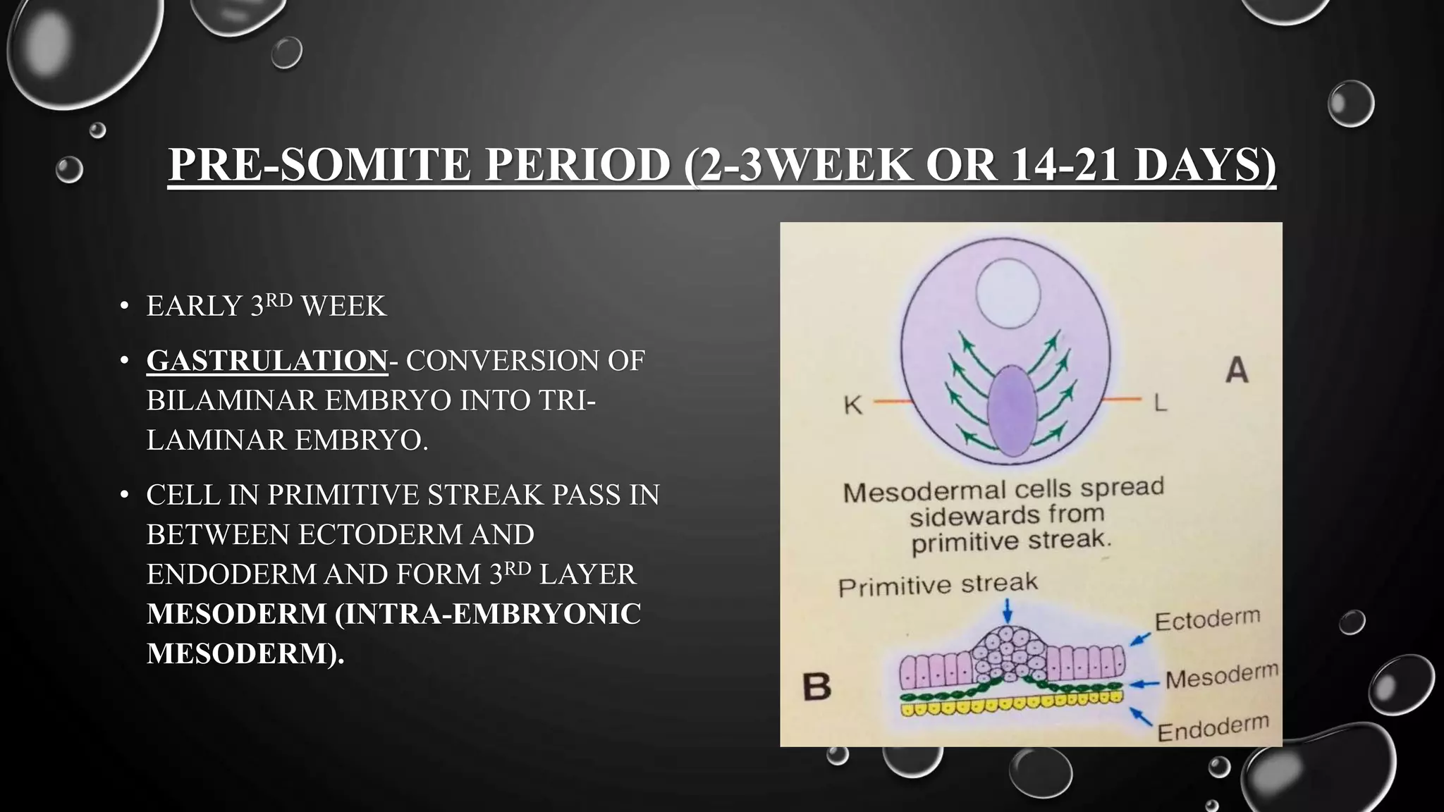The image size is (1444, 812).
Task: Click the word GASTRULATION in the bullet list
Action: pos(267,360)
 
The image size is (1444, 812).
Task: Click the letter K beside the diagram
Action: pos(853,405)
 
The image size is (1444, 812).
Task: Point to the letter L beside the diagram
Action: pos(1160,402)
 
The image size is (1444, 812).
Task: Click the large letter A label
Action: pos(1236,370)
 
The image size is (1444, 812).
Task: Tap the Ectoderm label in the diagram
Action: pos(1207,620)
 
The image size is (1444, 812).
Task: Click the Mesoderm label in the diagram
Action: pos(1221,677)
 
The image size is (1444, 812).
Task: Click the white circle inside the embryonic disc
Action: pos(1008,293)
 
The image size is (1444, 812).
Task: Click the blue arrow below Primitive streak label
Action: pos(1008,610)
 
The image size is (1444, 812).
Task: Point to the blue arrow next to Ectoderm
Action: pos(1140,639)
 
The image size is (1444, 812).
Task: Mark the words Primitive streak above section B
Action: pos(938,585)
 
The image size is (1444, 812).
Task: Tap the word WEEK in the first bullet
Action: pos(343,306)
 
